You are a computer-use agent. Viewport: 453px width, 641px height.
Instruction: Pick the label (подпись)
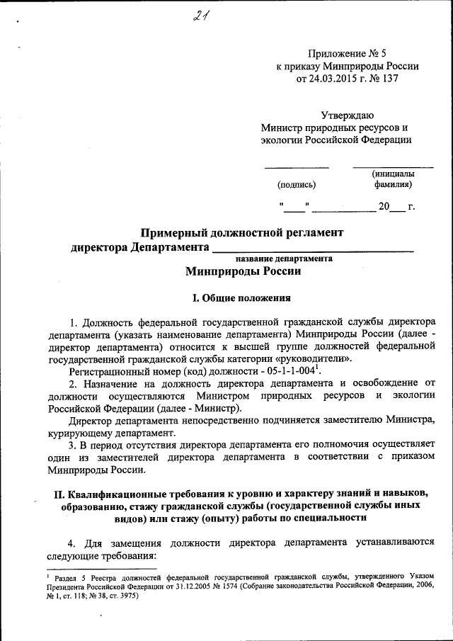coord(297,185)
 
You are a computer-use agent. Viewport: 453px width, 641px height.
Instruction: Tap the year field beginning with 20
coord(391,207)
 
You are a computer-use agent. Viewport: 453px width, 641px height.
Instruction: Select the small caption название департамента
coord(291,259)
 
